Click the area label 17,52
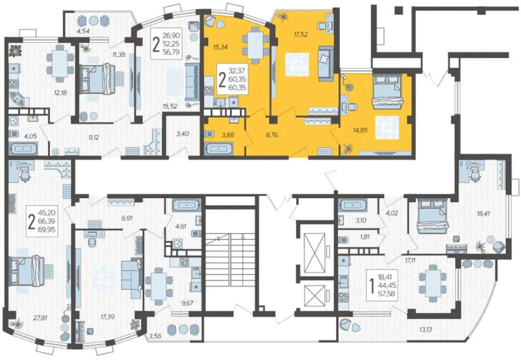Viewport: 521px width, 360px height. click(x=301, y=34)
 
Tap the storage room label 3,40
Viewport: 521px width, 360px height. click(x=182, y=134)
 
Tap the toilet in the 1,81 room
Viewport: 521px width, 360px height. click(x=343, y=239)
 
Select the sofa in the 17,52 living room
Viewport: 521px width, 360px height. click(x=326, y=64)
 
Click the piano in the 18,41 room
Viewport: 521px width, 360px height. click(x=457, y=250)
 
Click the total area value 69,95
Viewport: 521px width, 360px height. click(x=47, y=229)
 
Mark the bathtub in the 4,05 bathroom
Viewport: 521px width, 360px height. click(x=23, y=149)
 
